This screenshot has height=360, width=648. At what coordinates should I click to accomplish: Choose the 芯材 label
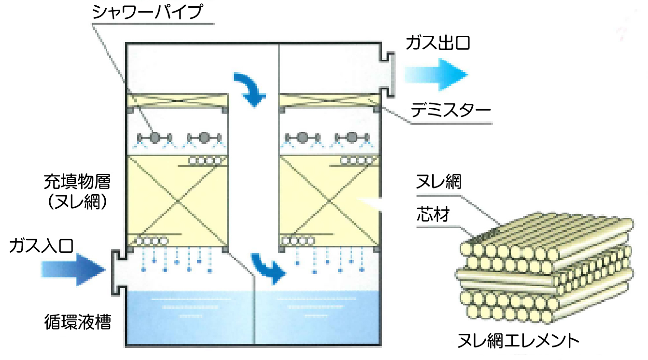coord(433,216)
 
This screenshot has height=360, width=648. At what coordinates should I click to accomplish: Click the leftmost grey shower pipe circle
coord(155,138)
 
